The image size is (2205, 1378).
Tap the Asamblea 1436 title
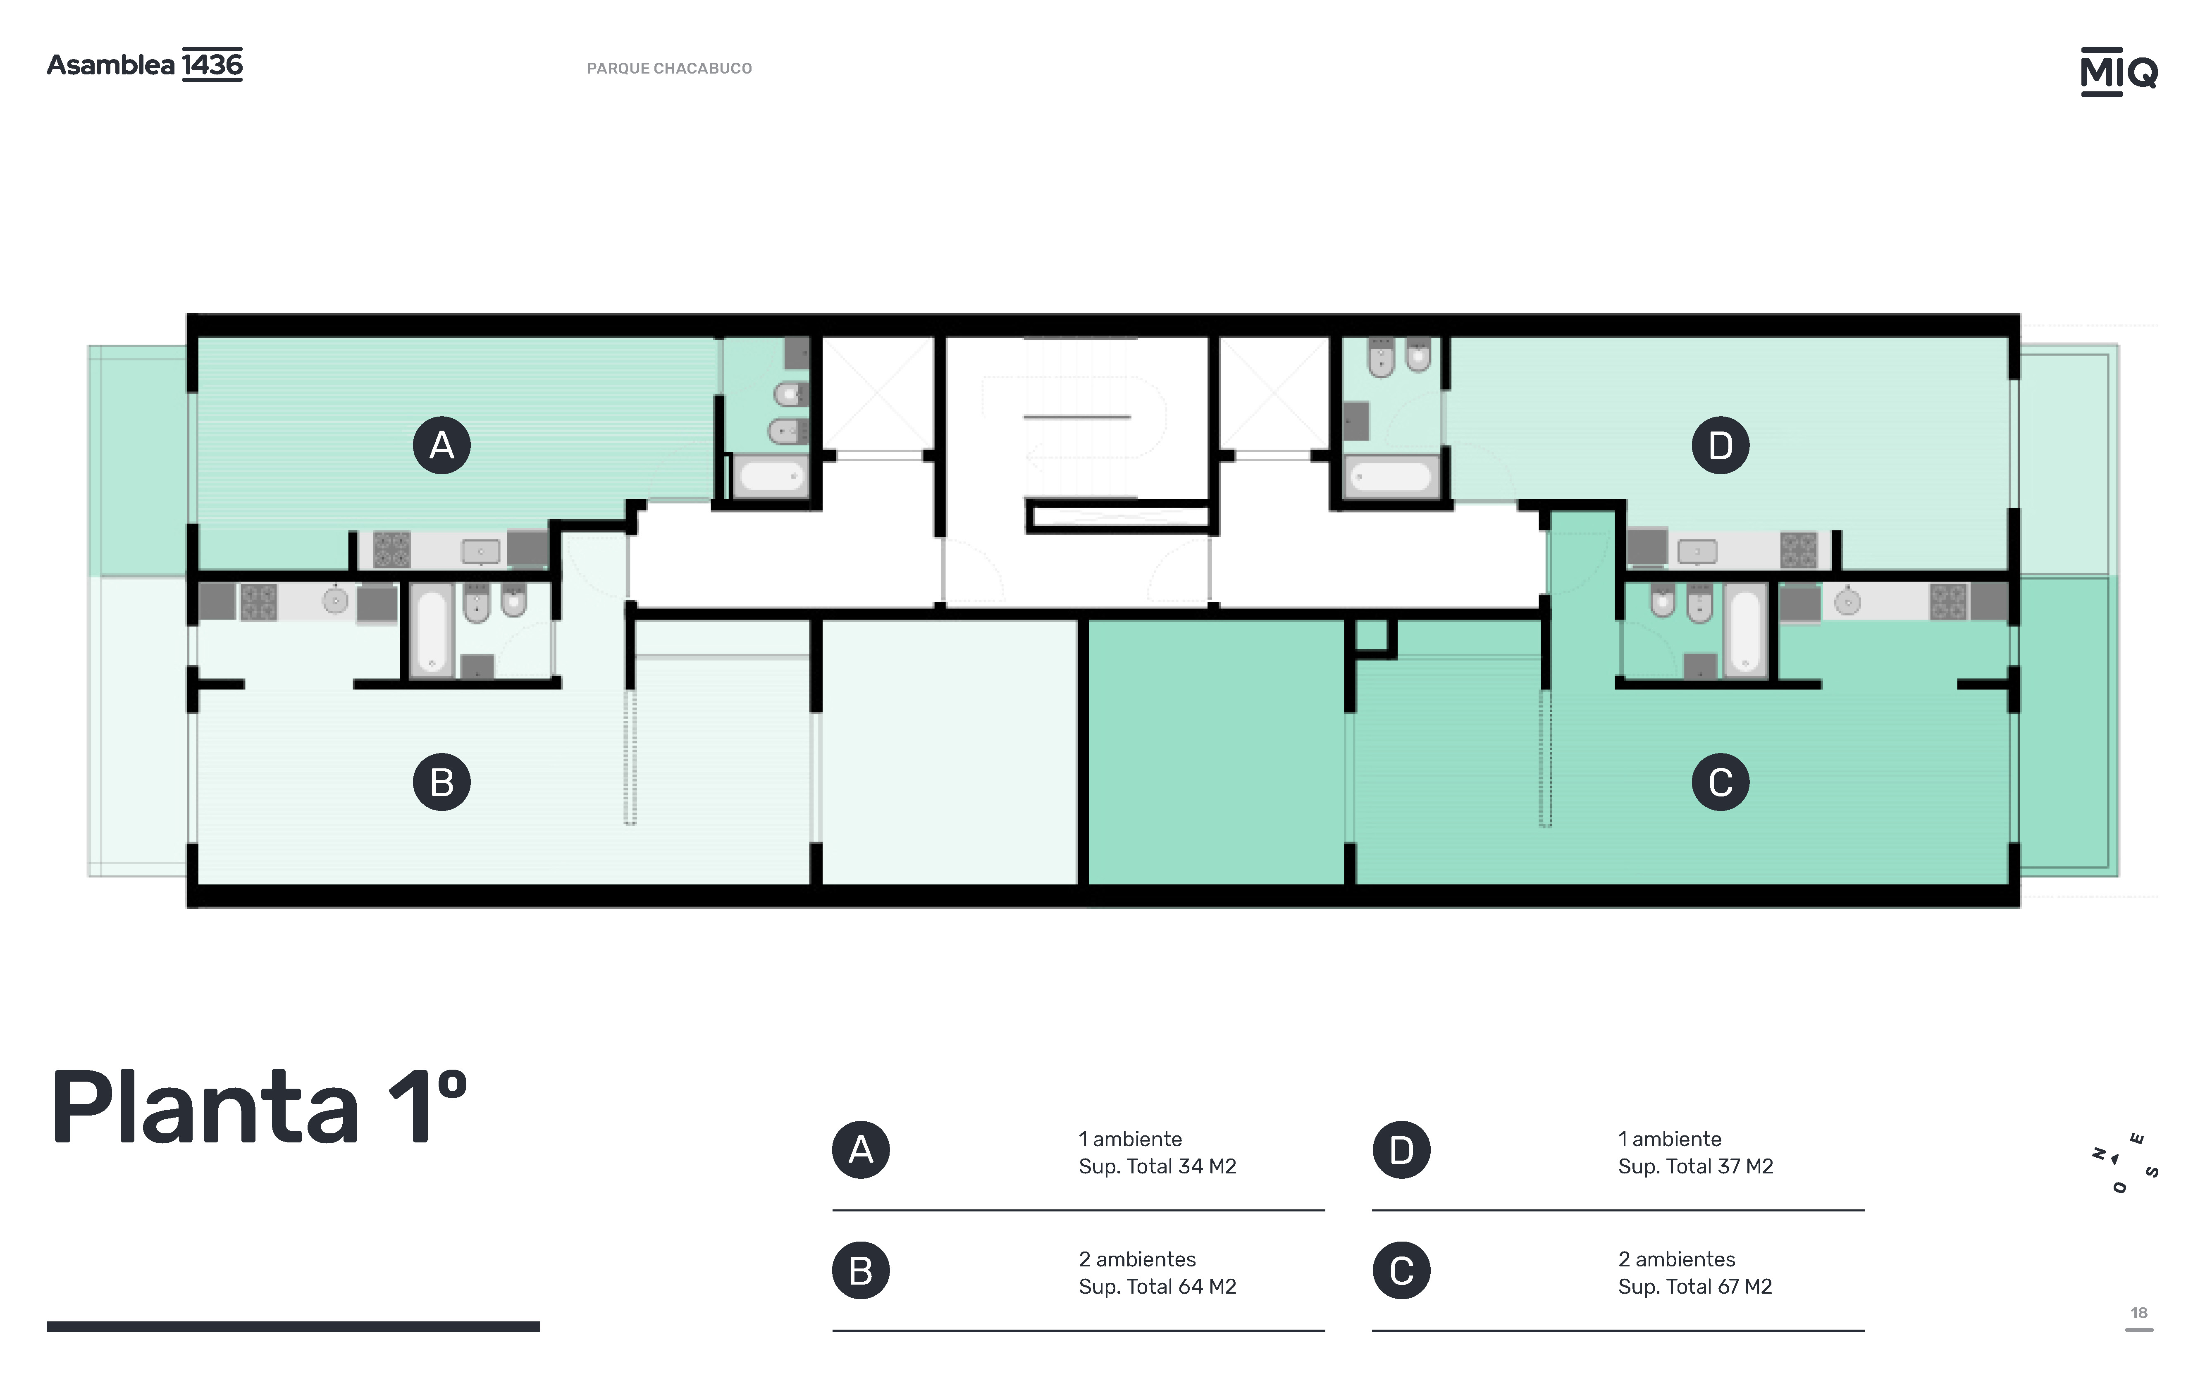(145, 65)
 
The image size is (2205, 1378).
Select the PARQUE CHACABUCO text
(669, 68)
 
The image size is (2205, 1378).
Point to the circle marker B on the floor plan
(442, 782)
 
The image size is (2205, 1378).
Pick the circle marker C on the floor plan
(1720, 782)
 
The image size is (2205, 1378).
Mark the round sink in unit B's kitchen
(335, 601)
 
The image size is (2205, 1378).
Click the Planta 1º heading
(259, 1107)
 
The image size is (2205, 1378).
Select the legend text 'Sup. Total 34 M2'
(1157, 1166)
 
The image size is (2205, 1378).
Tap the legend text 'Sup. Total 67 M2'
(1695, 1287)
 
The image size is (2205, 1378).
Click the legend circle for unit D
(1401, 1150)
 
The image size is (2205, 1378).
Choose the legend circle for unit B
(861, 1271)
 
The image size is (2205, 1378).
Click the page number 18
(2138, 1313)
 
